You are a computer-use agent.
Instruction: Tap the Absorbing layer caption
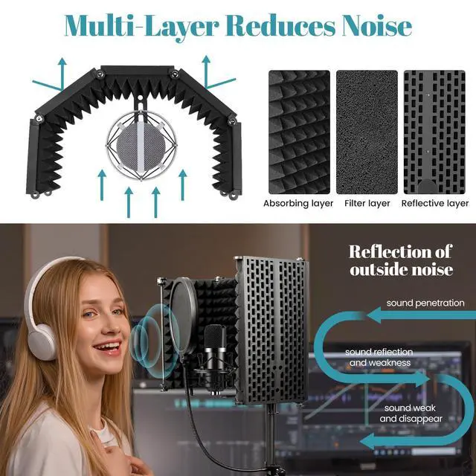pyautogui.click(x=298, y=203)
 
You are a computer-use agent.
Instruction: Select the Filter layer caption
pyautogui.click(x=367, y=203)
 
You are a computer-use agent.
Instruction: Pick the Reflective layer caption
pyautogui.click(x=435, y=203)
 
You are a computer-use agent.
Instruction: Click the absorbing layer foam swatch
pyautogui.click(x=297, y=131)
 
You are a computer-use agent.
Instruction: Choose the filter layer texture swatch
pyautogui.click(x=367, y=131)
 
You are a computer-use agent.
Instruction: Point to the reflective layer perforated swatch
pyautogui.click(x=435, y=131)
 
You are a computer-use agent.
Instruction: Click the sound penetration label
pyautogui.click(x=425, y=303)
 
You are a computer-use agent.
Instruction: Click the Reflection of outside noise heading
pyautogui.click(x=401, y=260)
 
